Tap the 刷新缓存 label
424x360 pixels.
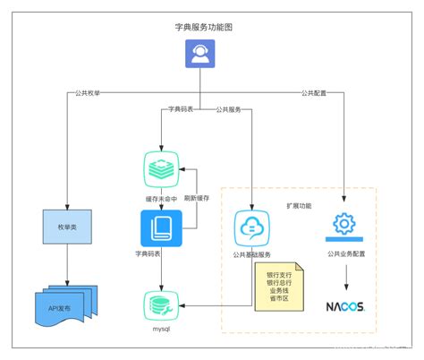(198, 199)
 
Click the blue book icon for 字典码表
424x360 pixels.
(161, 228)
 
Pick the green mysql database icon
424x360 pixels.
(161, 306)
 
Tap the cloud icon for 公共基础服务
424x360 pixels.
(253, 228)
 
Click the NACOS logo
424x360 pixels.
(344, 307)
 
